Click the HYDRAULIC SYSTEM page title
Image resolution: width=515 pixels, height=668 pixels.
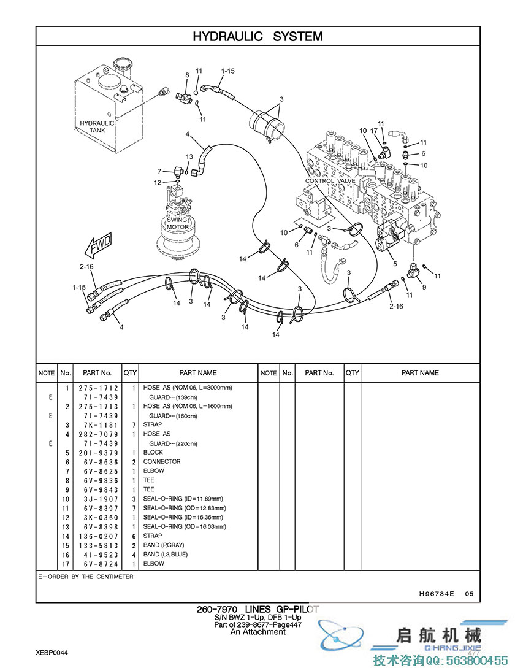[257, 36]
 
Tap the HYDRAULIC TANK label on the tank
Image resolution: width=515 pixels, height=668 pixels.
[97, 126]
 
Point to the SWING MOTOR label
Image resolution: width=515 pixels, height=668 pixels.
[177, 223]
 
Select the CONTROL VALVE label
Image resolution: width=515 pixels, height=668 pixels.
[330, 180]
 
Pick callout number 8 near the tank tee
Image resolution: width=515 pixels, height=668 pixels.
[187, 75]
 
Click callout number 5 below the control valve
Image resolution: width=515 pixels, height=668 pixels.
[395, 264]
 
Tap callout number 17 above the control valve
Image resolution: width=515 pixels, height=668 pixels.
[374, 131]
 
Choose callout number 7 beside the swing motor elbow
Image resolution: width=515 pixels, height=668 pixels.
[159, 171]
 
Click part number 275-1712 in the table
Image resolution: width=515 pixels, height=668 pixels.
[98, 388]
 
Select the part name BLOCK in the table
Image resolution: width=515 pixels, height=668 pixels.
[153, 452]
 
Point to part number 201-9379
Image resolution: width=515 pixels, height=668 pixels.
[98, 453]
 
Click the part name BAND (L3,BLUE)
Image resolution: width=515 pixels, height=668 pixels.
[166, 555]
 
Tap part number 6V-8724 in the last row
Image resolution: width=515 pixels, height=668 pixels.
[101, 564]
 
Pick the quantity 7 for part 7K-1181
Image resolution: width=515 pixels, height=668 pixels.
[134, 425]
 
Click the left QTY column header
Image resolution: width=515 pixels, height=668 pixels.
[130, 373]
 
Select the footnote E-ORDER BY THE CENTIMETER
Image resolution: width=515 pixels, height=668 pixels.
[86, 577]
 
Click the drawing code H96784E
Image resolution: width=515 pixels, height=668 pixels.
[437, 593]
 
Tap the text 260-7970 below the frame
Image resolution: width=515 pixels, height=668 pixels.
[217, 609]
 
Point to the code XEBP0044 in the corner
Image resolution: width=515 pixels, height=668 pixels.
[51, 653]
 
